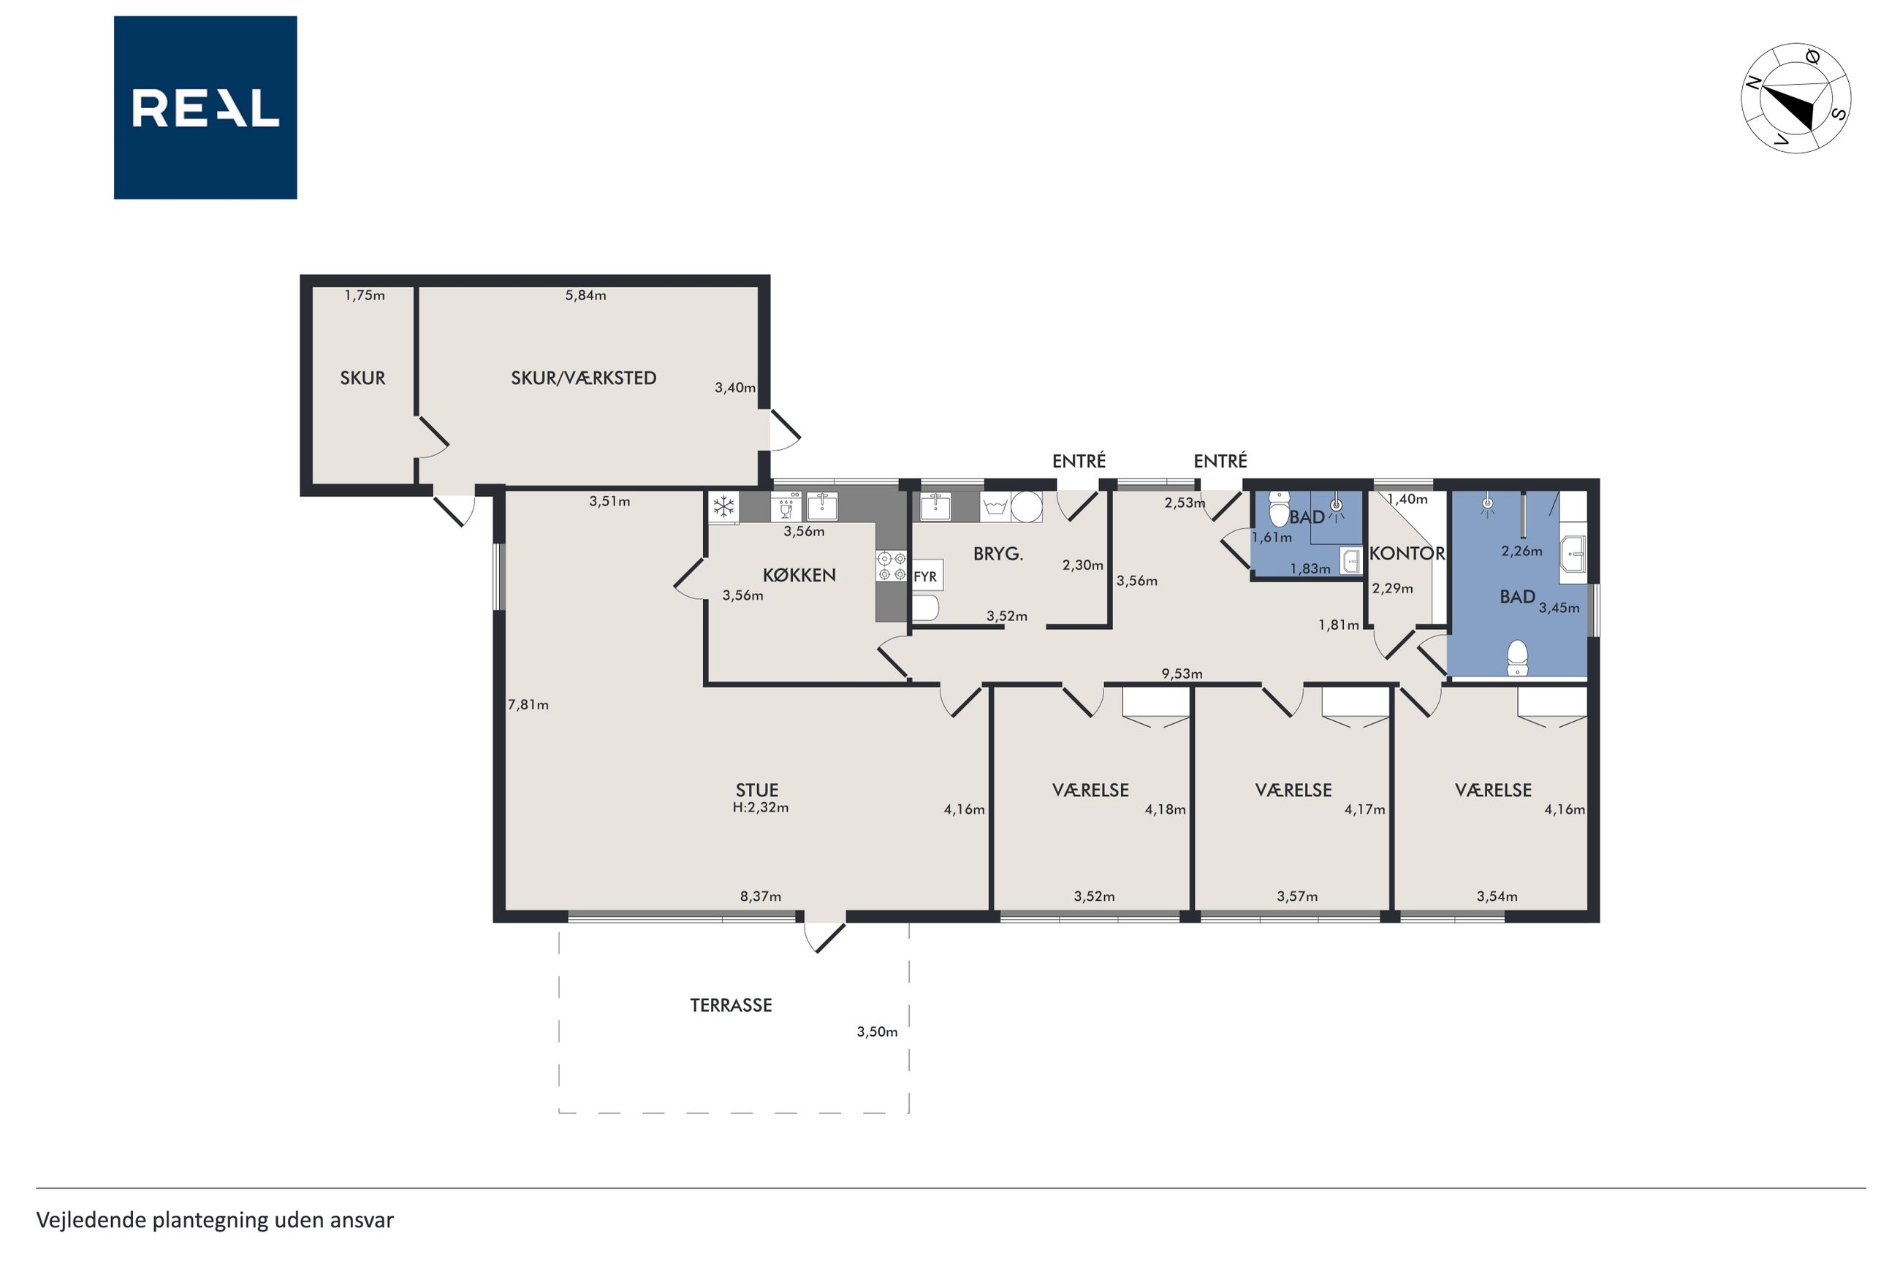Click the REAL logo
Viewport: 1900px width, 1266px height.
click(205, 107)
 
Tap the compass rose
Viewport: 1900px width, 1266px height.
click(1795, 98)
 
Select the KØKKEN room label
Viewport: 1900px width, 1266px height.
click(799, 574)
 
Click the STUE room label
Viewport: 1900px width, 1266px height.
click(756, 790)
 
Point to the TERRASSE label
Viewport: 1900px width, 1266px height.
click(731, 1005)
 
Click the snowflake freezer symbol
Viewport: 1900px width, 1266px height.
click(723, 507)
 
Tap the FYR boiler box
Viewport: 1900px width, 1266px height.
click(926, 576)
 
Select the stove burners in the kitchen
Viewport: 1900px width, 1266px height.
click(892, 565)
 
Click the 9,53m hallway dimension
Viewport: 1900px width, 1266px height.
click(1182, 674)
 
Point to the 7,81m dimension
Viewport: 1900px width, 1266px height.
click(528, 704)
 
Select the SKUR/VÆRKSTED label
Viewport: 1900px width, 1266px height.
click(583, 377)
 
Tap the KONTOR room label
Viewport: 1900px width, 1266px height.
click(1407, 553)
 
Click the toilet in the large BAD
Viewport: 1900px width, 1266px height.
click(1517, 657)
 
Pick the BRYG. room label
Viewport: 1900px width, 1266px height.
click(998, 554)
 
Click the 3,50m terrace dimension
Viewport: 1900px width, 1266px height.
click(877, 1031)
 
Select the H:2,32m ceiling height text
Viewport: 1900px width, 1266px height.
click(760, 806)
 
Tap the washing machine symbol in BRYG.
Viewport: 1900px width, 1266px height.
click(995, 507)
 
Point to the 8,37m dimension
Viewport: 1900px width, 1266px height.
click(761, 896)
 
